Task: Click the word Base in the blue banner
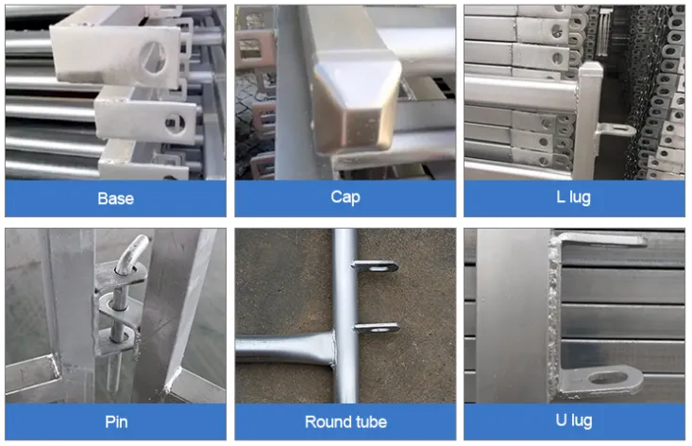(115, 198)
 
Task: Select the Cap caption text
(346, 198)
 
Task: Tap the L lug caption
(575, 198)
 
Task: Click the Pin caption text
(115, 421)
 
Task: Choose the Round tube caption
(346, 421)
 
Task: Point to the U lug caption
(575, 421)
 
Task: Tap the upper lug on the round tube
(376, 266)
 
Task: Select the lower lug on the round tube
(376, 328)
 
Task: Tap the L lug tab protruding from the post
(615, 129)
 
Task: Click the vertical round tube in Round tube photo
(341, 283)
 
